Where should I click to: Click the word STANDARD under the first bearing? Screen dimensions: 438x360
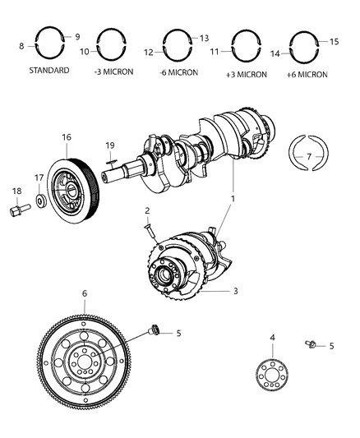click(49, 71)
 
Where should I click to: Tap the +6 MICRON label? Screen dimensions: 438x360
click(307, 74)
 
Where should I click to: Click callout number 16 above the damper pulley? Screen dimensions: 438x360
click(67, 137)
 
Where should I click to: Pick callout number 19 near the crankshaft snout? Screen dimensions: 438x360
click(108, 146)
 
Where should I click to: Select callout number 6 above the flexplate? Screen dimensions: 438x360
click(84, 293)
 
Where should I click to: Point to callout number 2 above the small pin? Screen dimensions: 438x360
click(147, 210)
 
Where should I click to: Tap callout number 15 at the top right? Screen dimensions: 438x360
click(334, 41)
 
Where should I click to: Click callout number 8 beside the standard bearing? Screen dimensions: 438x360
click(21, 46)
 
